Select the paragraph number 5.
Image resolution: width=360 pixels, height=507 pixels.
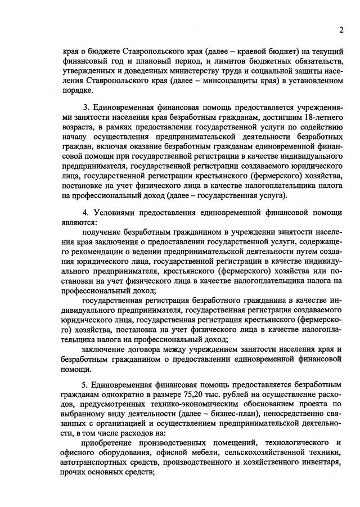(x=86, y=383)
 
